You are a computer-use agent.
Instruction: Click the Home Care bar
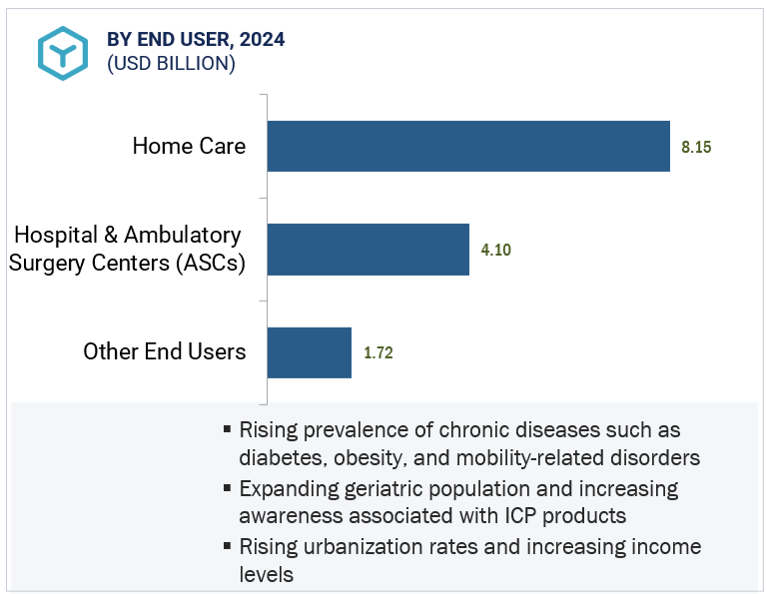[468, 146]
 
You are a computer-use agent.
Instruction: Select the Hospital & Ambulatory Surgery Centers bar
[369, 249]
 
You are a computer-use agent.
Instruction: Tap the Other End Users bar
[310, 352]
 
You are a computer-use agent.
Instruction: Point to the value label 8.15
[696, 147]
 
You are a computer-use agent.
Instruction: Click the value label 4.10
[495, 250]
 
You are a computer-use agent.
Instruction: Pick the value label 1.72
[379, 353]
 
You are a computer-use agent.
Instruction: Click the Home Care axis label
[189, 146]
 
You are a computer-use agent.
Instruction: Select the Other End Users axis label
[165, 351]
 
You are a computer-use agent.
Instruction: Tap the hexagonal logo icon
[63, 52]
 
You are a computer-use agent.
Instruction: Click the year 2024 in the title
[262, 40]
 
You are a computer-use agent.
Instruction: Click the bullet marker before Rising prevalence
[229, 430]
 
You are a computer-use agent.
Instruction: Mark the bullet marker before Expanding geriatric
[229, 489]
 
